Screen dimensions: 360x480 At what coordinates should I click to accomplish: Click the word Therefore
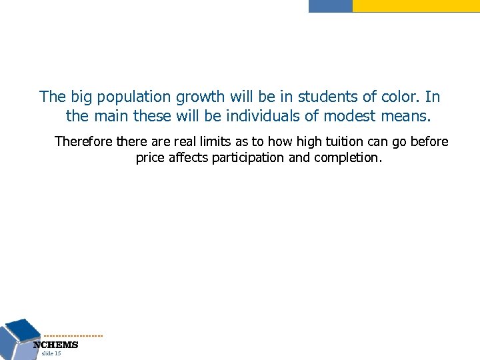(x=83, y=141)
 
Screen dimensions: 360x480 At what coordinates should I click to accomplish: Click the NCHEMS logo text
(x=57, y=345)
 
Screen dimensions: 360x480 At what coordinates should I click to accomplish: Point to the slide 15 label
(x=51, y=353)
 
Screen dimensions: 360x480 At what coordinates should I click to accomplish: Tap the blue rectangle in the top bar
(x=330, y=5)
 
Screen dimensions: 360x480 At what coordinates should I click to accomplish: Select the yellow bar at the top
(x=415, y=5)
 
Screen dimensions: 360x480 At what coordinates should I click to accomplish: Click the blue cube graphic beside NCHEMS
(x=19, y=337)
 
